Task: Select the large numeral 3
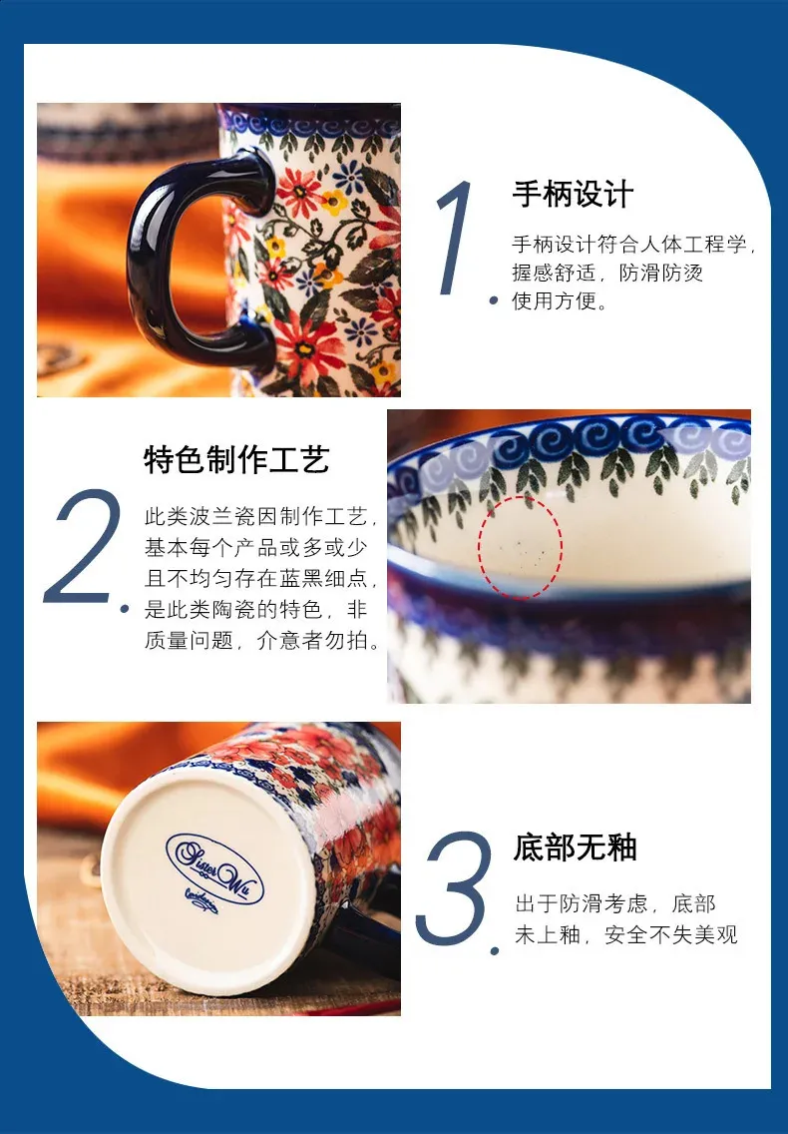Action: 454,888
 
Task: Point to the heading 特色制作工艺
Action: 237,459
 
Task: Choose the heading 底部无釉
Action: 575,847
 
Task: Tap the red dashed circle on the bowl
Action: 520,547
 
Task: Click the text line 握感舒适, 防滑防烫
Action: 607,273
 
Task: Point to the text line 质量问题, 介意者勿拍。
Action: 263,640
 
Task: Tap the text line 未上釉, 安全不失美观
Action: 626,934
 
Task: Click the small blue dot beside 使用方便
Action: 494,300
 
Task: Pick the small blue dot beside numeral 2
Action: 125,610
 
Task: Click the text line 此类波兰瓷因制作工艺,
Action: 261,516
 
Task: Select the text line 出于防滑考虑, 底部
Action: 615,903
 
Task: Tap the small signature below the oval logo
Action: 201,900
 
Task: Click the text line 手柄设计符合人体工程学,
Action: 634,245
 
